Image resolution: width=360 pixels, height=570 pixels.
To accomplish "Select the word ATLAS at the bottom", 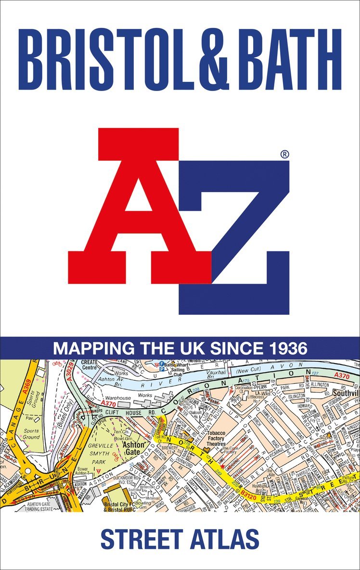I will [228, 539].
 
